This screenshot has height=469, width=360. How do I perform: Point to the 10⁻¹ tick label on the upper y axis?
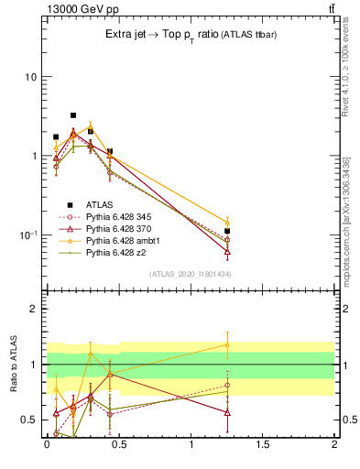coord(27,235)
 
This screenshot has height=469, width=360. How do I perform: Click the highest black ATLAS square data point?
coord(73,115)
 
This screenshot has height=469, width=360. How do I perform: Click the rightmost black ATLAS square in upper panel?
coord(227,231)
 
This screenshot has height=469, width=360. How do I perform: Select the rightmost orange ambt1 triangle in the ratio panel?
coord(227,344)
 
